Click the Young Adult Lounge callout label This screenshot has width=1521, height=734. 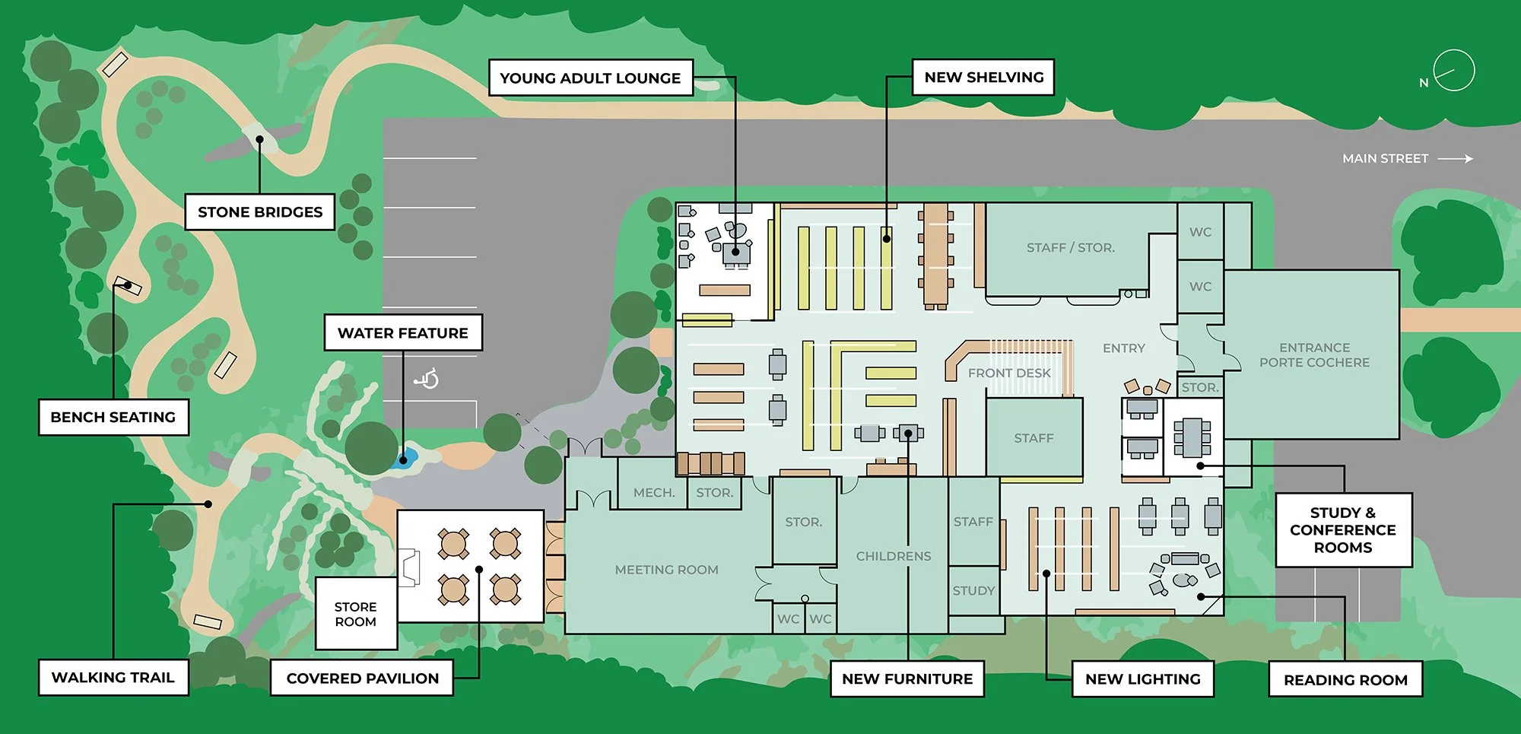click(x=590, y=78)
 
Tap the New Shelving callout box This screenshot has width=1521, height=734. click(x=983, y=77)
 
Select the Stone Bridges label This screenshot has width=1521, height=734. click(x=260, y=211)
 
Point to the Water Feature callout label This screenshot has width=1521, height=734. click(x=403, y=332)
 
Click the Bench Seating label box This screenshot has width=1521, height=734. click(x=113, y=417)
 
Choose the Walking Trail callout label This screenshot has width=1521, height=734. click(x=113, y=677)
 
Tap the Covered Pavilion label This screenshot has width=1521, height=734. click(x=362, y=678)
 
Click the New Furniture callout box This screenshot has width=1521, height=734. click(x=907, y=678)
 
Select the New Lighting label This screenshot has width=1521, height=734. click(x=1142, y=678)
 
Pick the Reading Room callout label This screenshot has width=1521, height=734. click(x=1345, y=679)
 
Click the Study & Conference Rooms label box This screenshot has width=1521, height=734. click(x=1343, y=529)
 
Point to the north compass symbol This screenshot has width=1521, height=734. click(x=1453, y=71)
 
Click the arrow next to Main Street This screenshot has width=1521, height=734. click(x=1456, y=159)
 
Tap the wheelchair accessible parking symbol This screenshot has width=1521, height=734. click(x=427, y=377)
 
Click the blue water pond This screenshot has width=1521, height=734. click(x=405, y=457)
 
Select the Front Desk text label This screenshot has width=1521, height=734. click(x=1009, y=373)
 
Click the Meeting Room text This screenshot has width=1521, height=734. click(x=666, y=570)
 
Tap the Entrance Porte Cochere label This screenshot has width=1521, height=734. click(x=1314, y=354)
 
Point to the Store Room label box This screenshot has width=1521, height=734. click(x=356, y=614)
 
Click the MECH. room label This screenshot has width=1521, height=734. click(x=654, y=493)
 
